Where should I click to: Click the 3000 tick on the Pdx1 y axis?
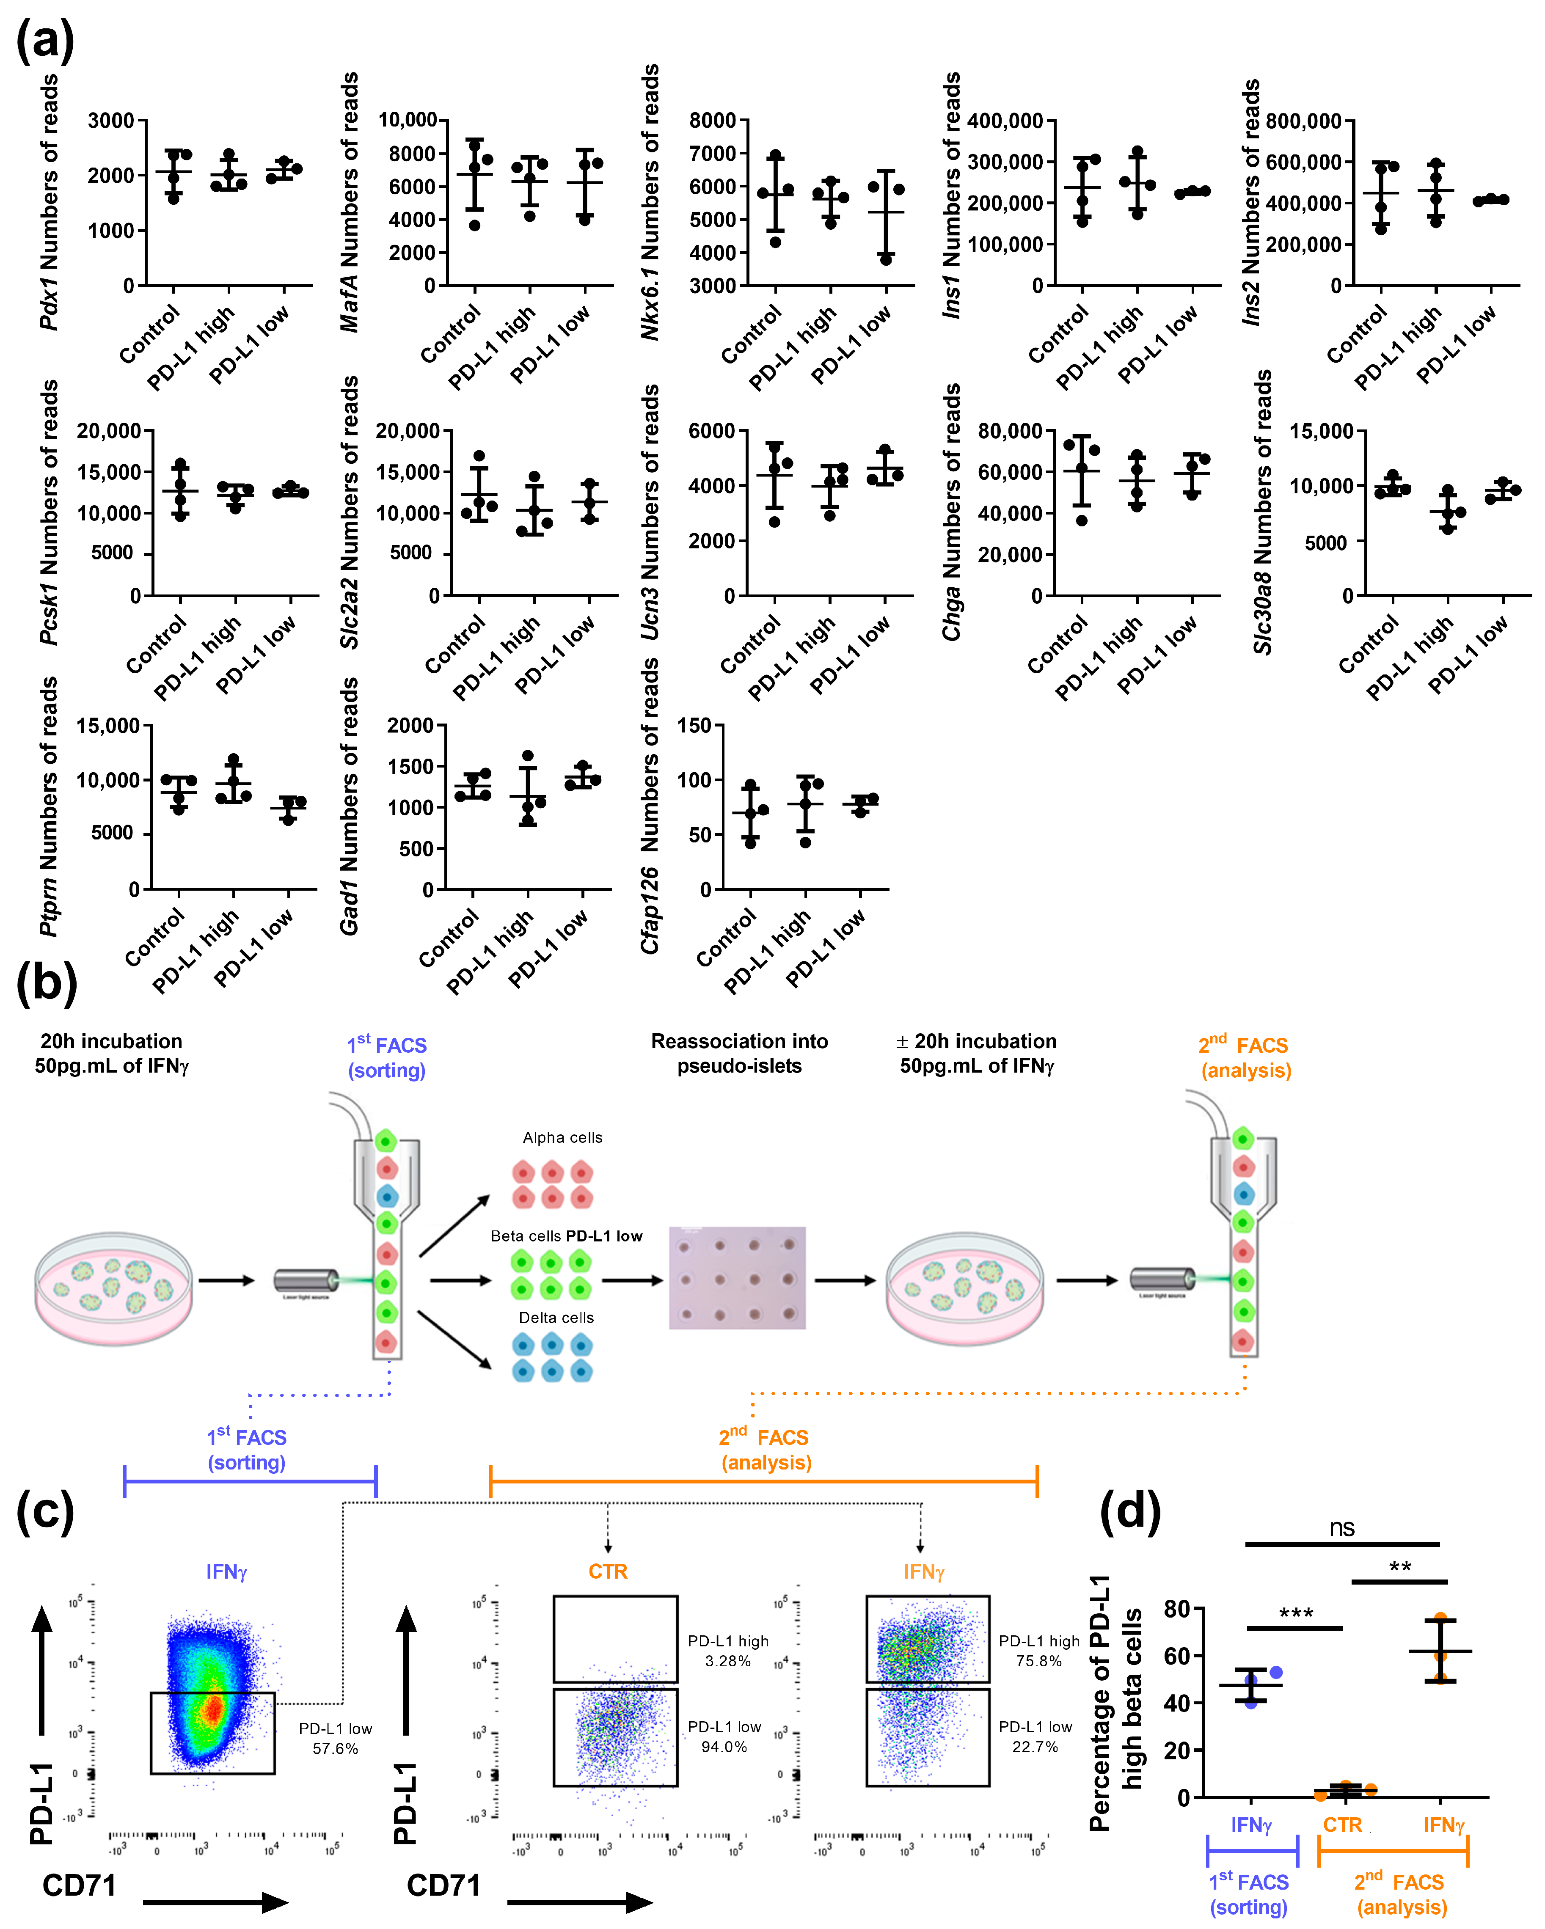click(110, 121)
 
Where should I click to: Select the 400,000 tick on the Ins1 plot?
click(1005, 121)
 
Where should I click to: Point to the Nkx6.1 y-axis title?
click(650, 201)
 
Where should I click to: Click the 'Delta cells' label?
click(556, 1317)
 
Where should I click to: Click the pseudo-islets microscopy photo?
click(737, 1278)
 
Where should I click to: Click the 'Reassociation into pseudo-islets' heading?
click(739, 1053)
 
